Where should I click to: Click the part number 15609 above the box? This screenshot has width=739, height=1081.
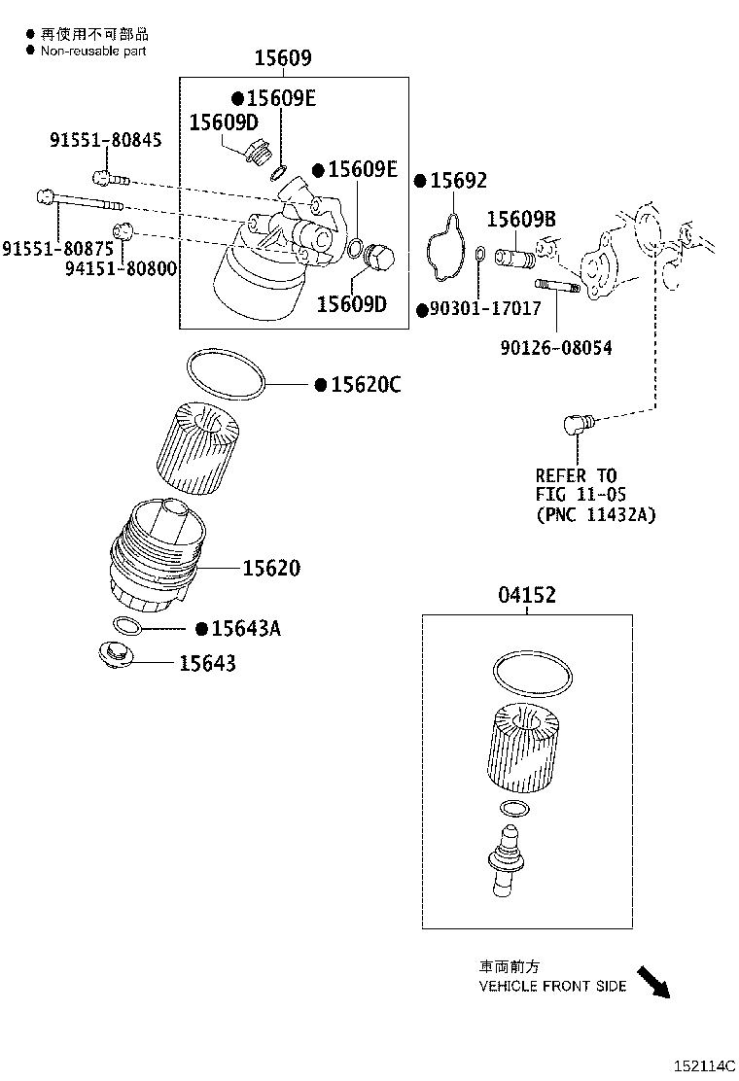[283, 59]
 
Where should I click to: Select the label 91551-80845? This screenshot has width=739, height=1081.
[106, 141]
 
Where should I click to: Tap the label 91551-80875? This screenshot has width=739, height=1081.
[56, 249]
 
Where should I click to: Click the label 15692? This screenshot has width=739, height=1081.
[458, 181]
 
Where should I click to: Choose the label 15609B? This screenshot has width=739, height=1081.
[521, 221]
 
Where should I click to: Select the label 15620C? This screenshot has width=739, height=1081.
[365, 385]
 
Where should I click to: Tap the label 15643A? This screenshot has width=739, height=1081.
[245, 629]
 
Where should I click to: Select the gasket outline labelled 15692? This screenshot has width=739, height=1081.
[444, 247]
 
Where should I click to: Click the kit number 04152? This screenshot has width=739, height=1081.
[527, 596]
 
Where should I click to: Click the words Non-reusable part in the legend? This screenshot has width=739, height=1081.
[93, 51]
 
